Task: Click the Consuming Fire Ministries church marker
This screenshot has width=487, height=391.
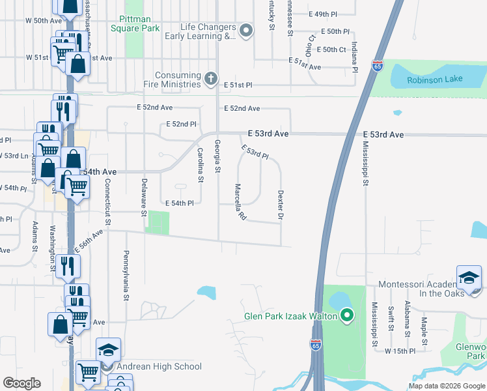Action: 210,80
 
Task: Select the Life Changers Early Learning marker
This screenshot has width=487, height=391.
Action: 245,31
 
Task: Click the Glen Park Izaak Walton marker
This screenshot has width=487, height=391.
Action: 346,317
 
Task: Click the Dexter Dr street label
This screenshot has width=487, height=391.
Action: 281,204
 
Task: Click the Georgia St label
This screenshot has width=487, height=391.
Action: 217,156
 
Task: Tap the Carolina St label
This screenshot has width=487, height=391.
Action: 201,165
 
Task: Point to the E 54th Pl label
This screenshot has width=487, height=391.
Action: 180,203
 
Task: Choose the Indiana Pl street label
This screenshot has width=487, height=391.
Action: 354,56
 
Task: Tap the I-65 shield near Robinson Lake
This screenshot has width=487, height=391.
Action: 378,66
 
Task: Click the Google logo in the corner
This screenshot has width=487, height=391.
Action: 21,383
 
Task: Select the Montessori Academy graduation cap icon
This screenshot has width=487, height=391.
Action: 469,278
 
